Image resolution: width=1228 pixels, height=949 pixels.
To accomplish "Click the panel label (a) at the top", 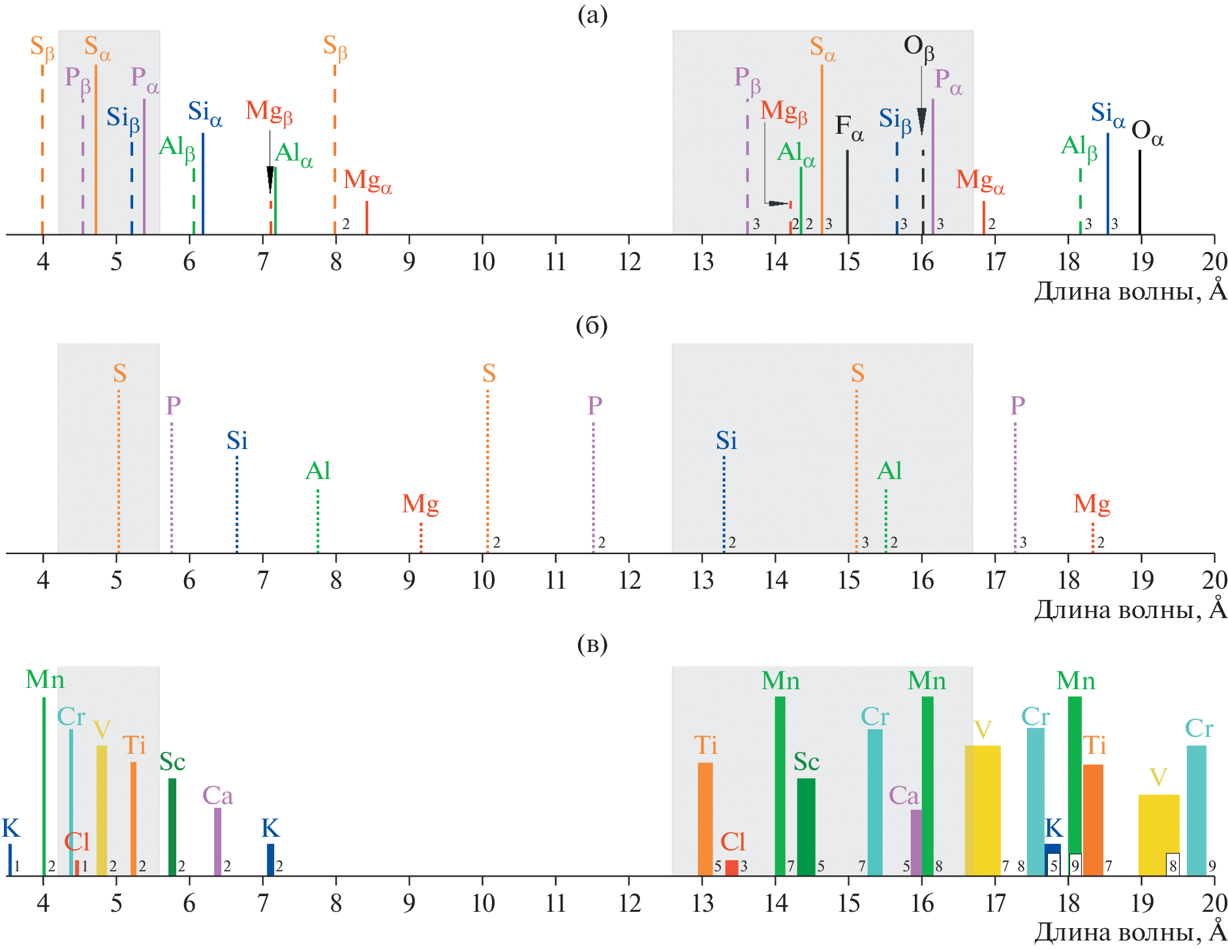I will tap(592, 14).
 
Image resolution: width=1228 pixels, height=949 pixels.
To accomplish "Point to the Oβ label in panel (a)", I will tap(919, 48).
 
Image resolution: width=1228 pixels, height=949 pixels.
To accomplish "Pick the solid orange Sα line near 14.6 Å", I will tap(821, 150).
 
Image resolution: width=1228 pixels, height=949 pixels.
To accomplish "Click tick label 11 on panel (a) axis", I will tap(555, 262).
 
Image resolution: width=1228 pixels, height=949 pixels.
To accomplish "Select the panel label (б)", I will tap(592, 325).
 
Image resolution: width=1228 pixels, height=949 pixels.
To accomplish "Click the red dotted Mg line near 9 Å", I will tap(421, 538).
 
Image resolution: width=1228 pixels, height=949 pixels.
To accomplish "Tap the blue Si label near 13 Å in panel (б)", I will tap(726, 441).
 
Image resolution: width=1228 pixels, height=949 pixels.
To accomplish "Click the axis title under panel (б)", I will tap(1130, 609).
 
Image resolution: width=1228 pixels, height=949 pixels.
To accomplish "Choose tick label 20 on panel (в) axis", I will tap(1214, 903).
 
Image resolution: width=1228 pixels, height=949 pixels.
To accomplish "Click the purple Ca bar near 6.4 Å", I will tap(218, 842).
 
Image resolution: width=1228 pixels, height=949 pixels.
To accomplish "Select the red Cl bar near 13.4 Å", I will tap(732, 868).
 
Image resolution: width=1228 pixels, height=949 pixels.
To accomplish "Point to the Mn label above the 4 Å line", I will tap(45, 680).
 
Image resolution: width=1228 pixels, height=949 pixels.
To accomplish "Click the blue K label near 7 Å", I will tap(270, 828).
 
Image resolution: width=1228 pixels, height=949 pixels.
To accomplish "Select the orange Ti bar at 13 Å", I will tap(705, 819).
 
